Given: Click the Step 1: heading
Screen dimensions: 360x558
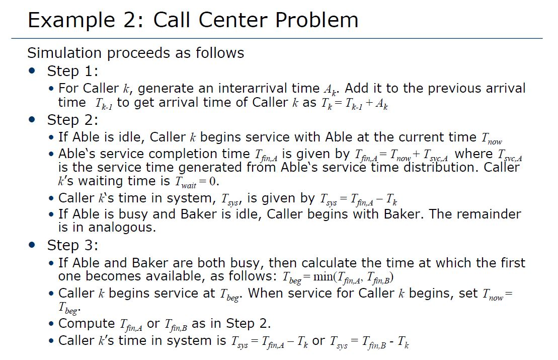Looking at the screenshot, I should (x=72, y=70).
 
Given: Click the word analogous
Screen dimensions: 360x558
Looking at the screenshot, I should (x=122, y=227).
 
